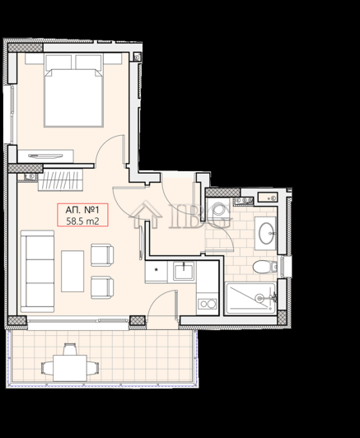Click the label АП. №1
click(x=82, y=208)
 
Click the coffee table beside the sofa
click(x=72, y=269)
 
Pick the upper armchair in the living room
click(x=101, y=255)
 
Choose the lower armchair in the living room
click(x=101, y=287)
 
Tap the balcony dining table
click(x=69, y=364)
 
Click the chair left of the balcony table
click(x=45, y=363)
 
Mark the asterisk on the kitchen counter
click(x=156, y=270)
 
